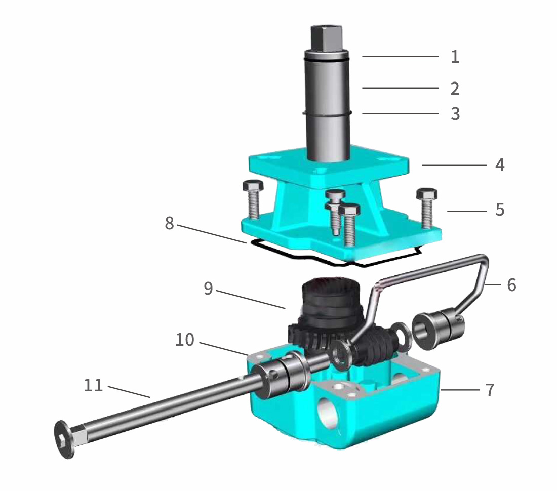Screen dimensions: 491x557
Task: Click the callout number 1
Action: [455, 56]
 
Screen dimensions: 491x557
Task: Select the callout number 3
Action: [455, 114]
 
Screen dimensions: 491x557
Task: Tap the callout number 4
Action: [499, 165]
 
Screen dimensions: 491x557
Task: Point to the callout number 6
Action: [511, 285]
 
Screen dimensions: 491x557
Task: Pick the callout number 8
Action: [170, 223]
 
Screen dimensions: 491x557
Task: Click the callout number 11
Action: [93, 386]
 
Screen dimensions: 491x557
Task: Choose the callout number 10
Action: [184, 340]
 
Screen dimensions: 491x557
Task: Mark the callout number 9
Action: [208, 289]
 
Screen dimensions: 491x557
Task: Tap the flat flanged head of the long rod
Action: [63, 439]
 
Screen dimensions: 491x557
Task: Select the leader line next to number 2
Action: [400, 88]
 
